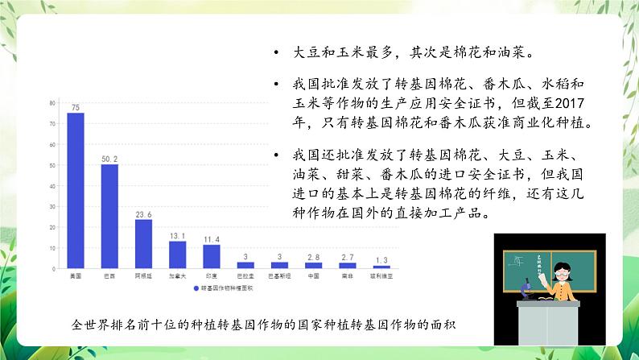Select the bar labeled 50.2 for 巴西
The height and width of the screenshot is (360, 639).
[x=109, y=215]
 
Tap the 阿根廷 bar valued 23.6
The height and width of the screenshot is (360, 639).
[x=143, y=243]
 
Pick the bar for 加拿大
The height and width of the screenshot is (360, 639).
[x=178, y=254]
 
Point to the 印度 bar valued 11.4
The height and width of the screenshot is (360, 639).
[x=212, y=255]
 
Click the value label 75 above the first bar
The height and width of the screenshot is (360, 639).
[x=75, y=108]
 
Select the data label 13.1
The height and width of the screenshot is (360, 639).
[x=178, y=236]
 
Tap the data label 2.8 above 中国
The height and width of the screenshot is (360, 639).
[x=314, y=257]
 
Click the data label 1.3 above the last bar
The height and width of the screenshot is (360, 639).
[x=381, y=260]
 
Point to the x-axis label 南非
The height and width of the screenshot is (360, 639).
[x=348, y=276]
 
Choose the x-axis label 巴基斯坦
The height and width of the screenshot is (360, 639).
[x=279, y=276]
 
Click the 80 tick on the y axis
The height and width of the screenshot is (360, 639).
[x=52, y=103]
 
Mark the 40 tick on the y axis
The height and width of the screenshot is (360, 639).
[x=52, y=186]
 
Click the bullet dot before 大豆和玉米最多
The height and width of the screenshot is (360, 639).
[x=276, y=53]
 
